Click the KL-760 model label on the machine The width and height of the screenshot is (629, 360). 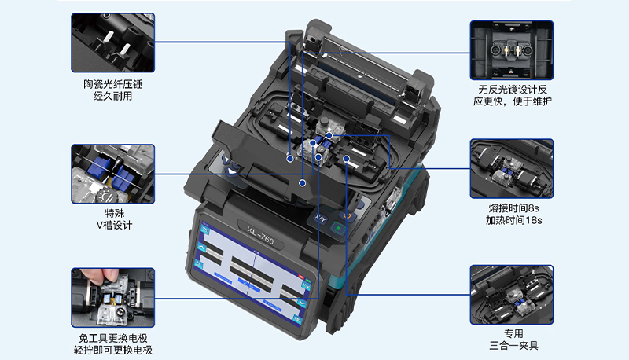coord(260,236)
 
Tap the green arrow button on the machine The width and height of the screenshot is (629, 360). coord(339,229)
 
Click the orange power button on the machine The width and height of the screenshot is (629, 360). coord(348,215)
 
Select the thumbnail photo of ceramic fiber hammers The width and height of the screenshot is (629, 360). coord(112,42)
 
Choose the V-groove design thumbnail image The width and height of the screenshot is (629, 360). coord(112,174)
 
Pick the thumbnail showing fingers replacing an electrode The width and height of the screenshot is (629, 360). coord(112,297)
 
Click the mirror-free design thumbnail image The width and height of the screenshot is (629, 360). coord(512,50)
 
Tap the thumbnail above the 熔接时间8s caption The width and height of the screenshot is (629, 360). coord(512,169)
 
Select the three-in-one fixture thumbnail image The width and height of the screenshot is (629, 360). coord(512,295)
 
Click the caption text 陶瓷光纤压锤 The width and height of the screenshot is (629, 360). coord(112,84)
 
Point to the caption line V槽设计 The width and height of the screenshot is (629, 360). coord(114,226)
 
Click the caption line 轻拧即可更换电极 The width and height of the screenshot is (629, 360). coord(113,350)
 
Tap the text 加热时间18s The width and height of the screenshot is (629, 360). coord(514,221)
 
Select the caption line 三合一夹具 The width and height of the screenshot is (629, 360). coord(513,346)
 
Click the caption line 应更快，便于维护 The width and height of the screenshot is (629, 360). coord(513,101)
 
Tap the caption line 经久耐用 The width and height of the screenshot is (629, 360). coord(112,96)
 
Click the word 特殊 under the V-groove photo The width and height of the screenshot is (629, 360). coord(115,213)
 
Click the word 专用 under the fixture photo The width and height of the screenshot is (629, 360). coord(513,333)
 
